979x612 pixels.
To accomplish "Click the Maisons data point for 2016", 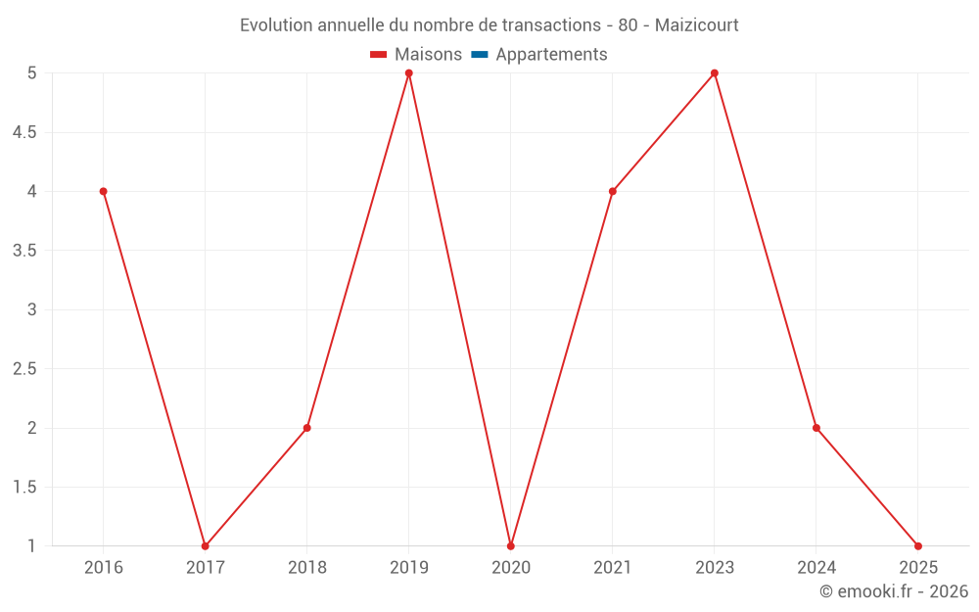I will coord(103,191).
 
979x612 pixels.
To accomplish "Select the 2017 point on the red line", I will coord(205,546).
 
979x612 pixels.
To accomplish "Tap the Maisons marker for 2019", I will coord(409,73).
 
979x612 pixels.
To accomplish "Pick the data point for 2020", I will coord(511,546).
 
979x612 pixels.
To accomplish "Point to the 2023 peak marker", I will coord(715,73).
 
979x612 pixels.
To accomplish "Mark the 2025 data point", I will coord(918,546).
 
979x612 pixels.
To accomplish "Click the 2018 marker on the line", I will coord(306,428).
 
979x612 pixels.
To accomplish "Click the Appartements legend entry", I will coord(551,55).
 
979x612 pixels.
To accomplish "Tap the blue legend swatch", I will coord(480,55).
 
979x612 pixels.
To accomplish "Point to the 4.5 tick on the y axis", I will coord(24,132).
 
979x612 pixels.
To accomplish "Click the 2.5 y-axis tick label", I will coord(24,369).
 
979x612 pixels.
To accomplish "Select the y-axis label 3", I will coord(31,309).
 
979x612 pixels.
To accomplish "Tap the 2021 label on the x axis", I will coord(613,567).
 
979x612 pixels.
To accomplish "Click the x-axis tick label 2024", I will coord(816,567).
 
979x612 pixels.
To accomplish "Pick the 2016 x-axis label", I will coord(103,567).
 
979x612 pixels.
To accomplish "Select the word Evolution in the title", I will coord(277,24).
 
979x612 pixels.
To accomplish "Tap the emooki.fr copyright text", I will coord(894,591).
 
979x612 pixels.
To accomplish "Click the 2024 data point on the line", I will coord(816,428).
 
